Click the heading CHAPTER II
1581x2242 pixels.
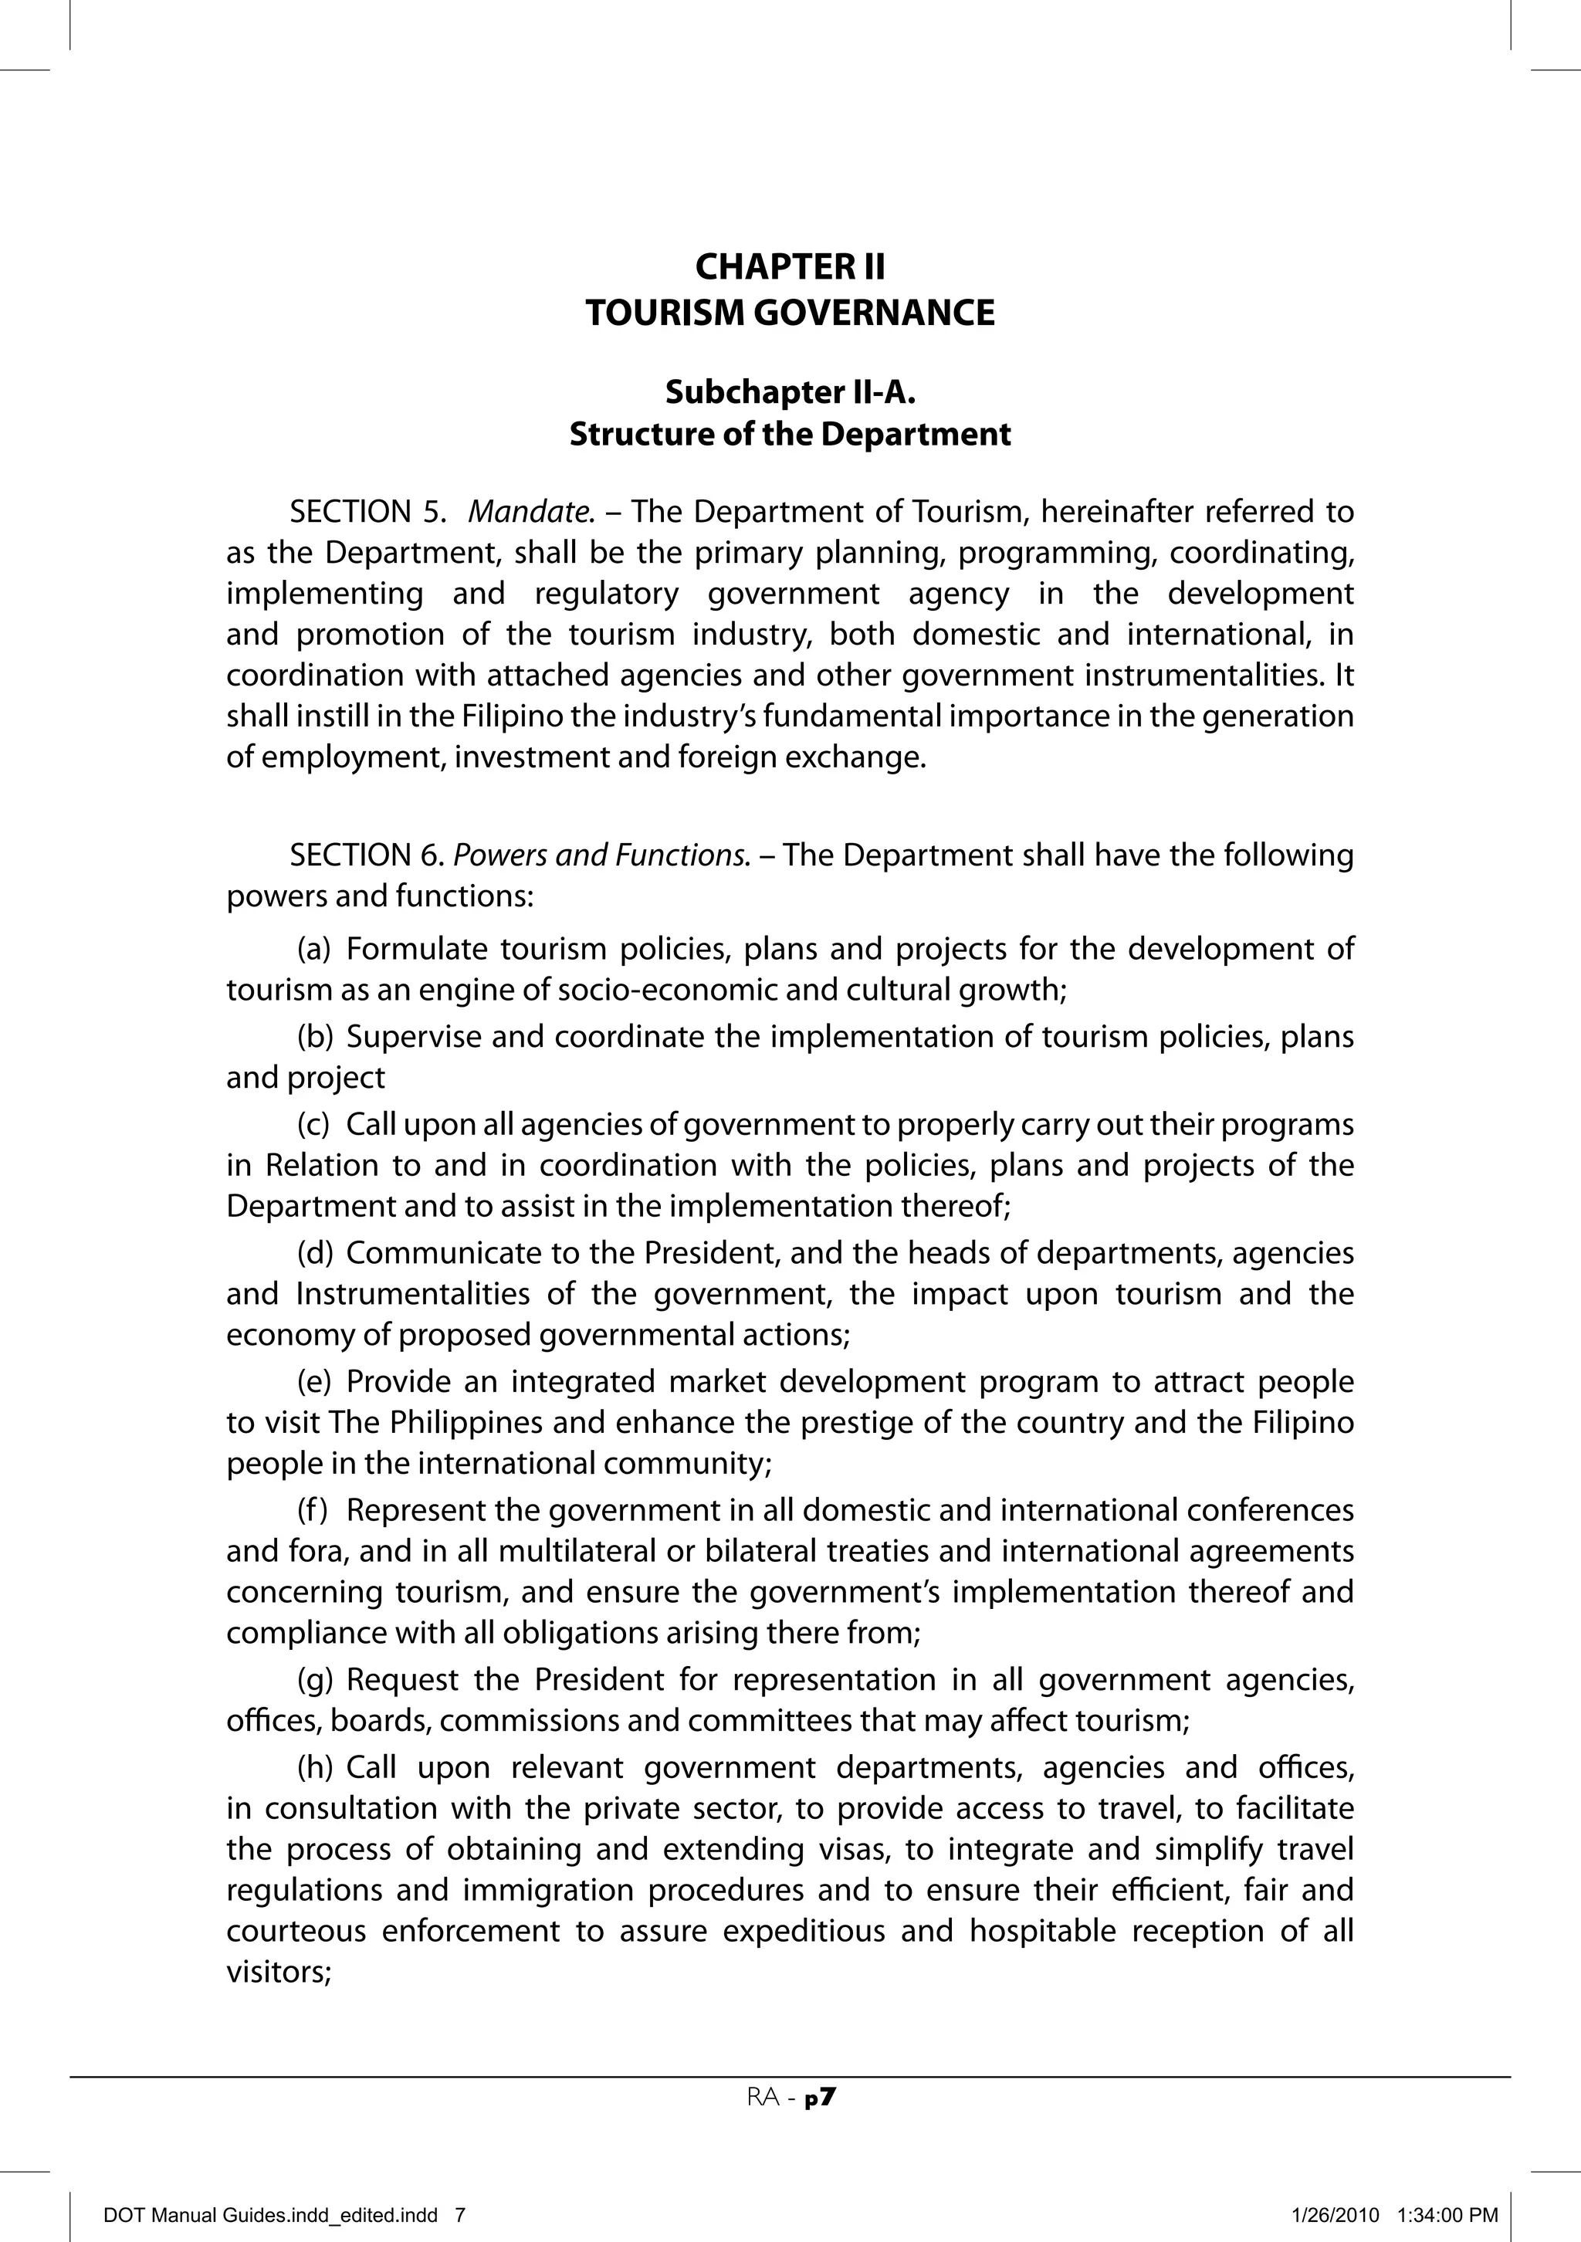point(790,266)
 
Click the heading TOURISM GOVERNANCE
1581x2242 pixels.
point(790,313)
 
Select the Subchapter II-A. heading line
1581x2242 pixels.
point(790,391)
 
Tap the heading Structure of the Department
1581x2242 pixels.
point(790,434)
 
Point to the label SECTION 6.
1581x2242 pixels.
point(367,855)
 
